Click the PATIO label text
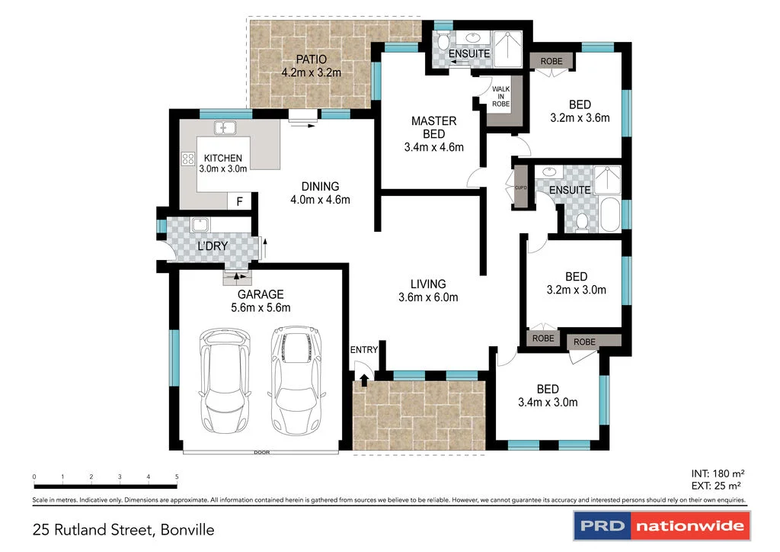[311, 59]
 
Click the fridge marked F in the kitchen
[239, 202]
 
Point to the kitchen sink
[225, 127]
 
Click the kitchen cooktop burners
[187, 159]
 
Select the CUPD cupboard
[520, 188]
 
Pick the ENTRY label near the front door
[364, 350]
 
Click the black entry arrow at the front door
[364, 378]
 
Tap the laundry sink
[200, 225]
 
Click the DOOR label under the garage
[262, 453]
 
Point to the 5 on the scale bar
[177, 477]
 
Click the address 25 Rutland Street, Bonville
[123, 529]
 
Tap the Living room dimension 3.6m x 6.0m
[429, 297]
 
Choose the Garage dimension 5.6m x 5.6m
[261, 307]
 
